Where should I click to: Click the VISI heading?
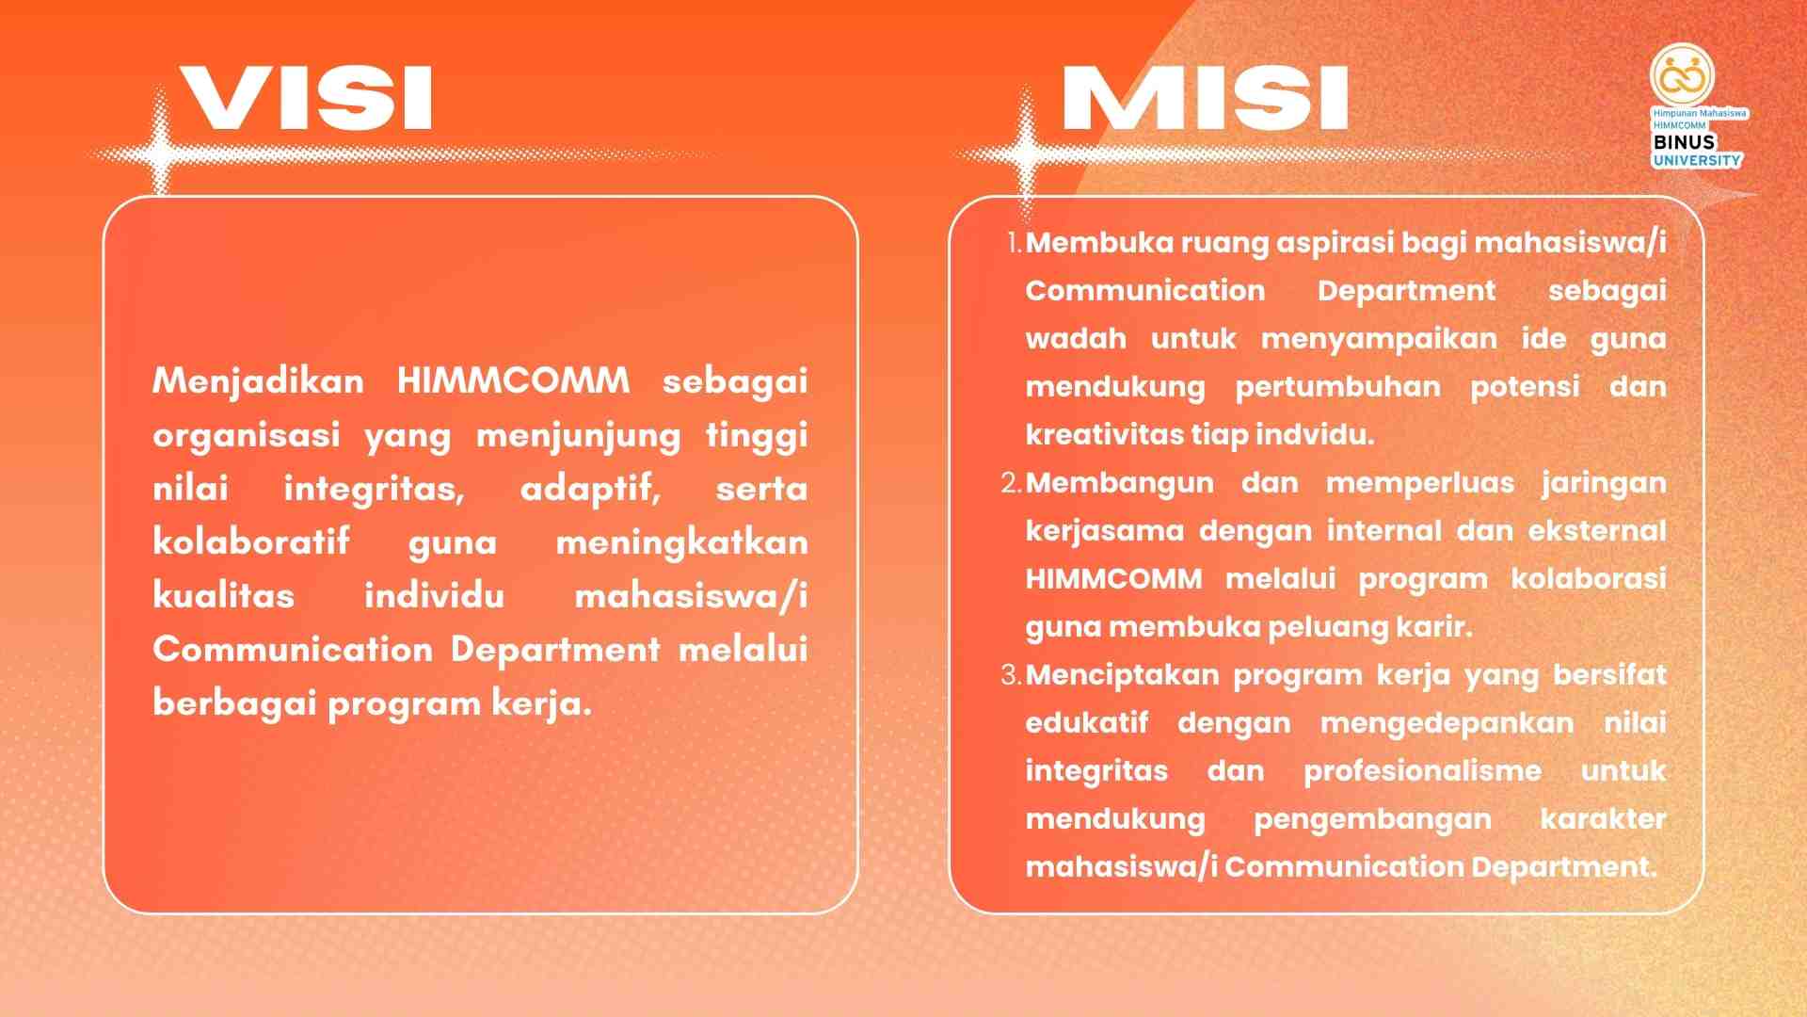pyautogui.click(x=306, y=97)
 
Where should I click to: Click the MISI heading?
pyautogui.click(x=1206, y=97)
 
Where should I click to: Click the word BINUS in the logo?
pyautogui.click(x=1684, y=142)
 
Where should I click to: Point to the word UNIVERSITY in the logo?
pyautogui.click(x=1697, y=160)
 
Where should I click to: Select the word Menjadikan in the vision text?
pyautogui.click(x=258, y=381)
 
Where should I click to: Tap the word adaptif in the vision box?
pyautogui.click(x=590, y=490)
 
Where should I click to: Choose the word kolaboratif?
pyautogui.click(x=251, y=542)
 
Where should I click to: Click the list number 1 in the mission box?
pyautogui.click(x=1013, y=243)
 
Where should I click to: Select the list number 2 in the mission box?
pyautogui.click(x=1012, y=483)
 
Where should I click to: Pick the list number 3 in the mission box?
pyautogui.click(x=1012, y=675)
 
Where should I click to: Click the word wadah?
pyautogui.click(x=1076, y=338)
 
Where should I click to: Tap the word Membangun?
pyautogui.click(x=1120, y=484)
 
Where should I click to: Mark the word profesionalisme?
pyautogui.click(x=1423, y=771)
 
